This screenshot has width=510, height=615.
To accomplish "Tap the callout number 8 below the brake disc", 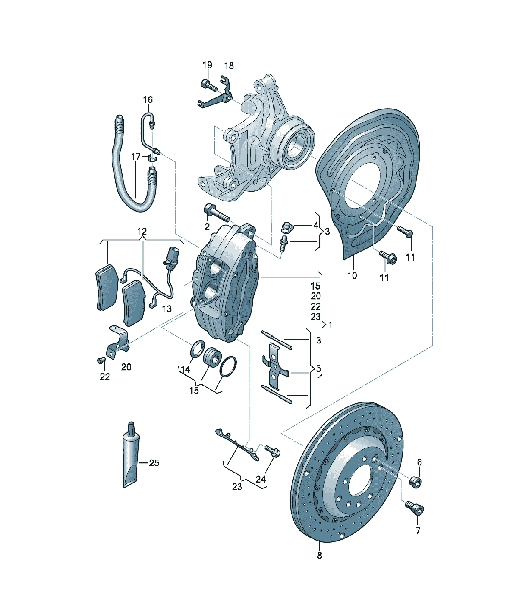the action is (x=319, y=555).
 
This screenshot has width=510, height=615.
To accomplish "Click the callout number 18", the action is (x=229, y=66).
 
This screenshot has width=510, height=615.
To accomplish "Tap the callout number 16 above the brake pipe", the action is (x=148, y=100).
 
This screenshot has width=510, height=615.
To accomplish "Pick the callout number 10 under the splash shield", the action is (x=352, y=275).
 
